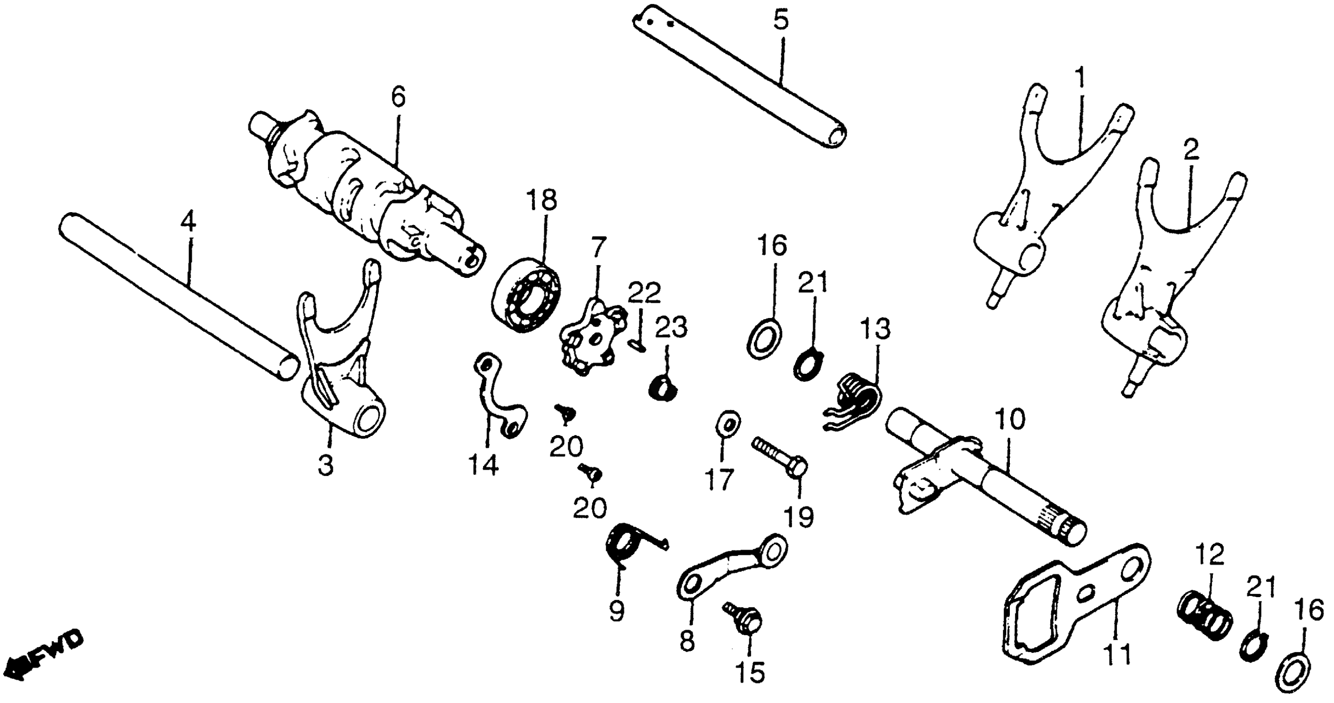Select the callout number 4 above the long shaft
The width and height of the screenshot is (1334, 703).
(189, 223)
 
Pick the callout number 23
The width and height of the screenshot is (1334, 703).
(672, 328)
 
